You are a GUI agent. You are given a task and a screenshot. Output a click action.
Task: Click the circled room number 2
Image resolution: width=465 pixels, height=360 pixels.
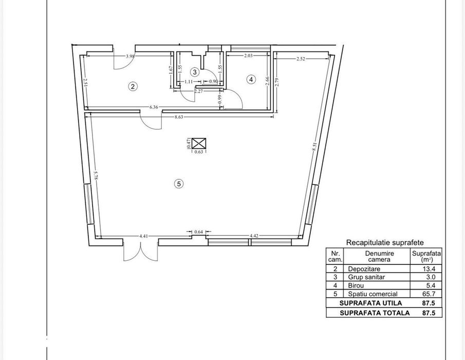(x=133, y=86)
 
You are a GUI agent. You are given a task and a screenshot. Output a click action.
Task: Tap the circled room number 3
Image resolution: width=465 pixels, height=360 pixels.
(x=195, y=72)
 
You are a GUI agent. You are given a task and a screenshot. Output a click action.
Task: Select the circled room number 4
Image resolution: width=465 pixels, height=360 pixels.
(x=251, y=79)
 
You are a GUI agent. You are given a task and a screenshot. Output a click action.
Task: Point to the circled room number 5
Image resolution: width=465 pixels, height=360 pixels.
(x=179, y=184)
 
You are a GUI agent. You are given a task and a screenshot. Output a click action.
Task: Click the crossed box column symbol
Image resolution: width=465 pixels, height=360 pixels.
(x=199, y=143)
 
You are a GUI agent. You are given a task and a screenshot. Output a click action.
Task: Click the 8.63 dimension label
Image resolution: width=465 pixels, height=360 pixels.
(x=179, y=117)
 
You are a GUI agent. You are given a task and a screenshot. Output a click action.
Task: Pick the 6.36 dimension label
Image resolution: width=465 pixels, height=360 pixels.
(x=154, y=107)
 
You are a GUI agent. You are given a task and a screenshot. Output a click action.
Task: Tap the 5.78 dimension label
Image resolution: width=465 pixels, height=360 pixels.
(x=96, y=175)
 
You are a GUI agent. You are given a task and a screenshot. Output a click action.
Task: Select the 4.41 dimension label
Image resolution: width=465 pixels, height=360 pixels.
(x=143, y=236)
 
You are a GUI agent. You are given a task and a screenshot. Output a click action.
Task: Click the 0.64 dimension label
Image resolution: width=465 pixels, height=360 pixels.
(x=198, y=232)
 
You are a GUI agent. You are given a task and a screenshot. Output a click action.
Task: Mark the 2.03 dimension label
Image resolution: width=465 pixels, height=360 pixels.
(x=248, y=55)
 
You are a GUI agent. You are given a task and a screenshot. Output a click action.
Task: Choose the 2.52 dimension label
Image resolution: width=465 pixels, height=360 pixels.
(x=301, y=59)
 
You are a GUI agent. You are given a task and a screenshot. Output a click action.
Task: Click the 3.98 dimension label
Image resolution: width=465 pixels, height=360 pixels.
(x=130, y=56)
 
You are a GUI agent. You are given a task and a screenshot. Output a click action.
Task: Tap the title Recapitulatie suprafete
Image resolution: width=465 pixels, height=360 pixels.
(x=385, y=242)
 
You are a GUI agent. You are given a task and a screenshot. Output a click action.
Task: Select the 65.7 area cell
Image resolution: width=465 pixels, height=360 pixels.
(x=429, y=294)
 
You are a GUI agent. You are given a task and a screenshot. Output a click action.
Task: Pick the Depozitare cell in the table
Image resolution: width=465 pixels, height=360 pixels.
(x=364, y=269)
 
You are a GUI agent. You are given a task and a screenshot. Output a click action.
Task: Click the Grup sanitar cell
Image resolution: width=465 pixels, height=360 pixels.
(x=366, y=277)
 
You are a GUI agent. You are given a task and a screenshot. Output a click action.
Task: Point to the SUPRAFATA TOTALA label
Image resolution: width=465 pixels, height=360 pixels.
(x=375, y=313)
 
